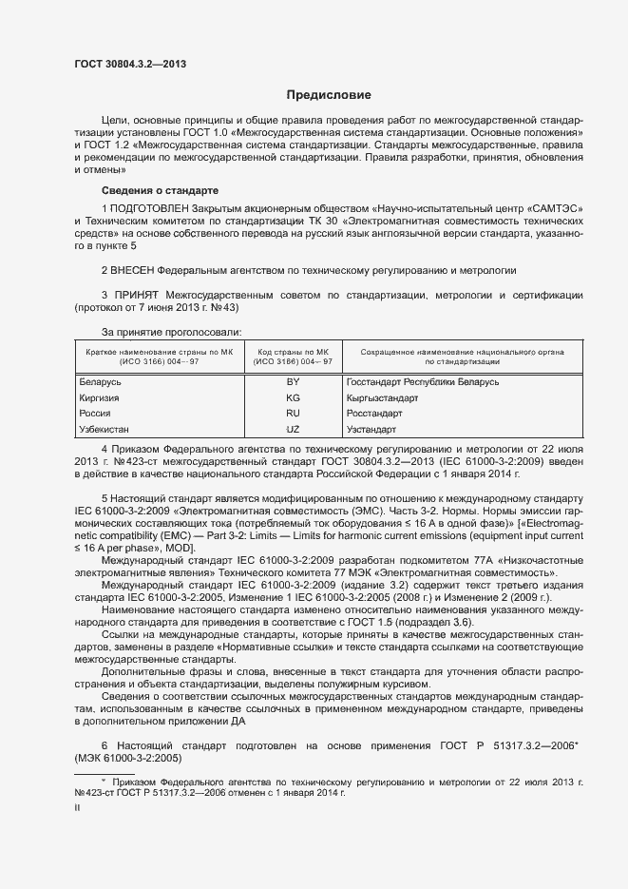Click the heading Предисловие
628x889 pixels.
point(330,95)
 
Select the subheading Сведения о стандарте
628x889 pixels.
point(160,190)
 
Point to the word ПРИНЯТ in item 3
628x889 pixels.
point(139,296)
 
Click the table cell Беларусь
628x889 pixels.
point(99,381)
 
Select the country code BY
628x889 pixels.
point(293,381)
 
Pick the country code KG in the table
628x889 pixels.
point(293,397)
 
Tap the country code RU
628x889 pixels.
point(293,414)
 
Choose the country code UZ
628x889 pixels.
point(293,430)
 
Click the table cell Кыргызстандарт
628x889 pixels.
point(382,397)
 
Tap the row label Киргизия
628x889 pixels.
point(99,397)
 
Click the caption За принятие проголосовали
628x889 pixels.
point(171,331)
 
